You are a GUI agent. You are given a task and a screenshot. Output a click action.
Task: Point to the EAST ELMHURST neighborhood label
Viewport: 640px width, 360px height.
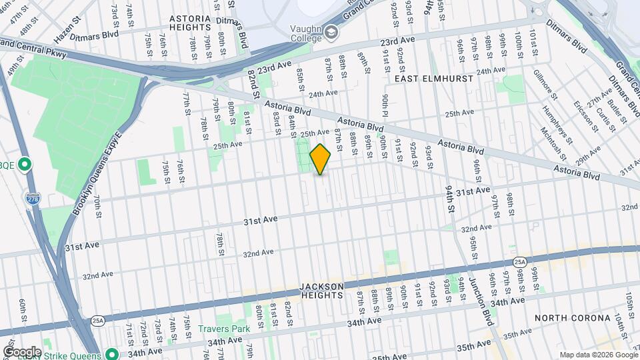click(433, 79)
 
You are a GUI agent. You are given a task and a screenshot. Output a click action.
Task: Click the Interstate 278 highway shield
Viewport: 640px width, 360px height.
click(32, 199)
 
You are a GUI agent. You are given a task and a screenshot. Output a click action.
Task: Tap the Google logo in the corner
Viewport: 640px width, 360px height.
click(22, 352)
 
